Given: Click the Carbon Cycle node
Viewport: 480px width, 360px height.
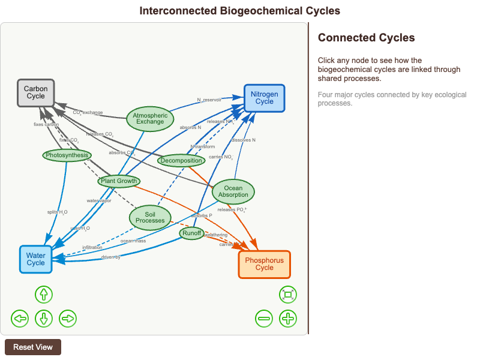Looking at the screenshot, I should click(x=35, y=93).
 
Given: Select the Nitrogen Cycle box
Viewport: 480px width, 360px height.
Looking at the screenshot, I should click(x=264, y=98).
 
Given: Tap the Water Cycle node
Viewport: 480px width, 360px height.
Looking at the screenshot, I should click(x=35, y=259).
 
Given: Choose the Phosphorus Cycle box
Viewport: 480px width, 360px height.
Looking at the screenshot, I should click(x=264, y=264).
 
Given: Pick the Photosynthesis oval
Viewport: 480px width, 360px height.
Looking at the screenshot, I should click(x=67, y=155).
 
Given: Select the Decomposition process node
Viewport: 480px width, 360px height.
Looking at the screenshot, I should click(x=181, y=160).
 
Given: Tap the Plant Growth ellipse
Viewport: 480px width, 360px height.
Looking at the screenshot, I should click(x=119, y=181).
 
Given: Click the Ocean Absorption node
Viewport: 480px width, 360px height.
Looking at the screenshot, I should click(x=233, y=191).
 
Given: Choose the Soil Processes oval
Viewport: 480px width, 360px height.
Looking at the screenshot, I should click(x=150, y=217).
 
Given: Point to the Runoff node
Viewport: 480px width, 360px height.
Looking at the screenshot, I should click(x=192, y=233).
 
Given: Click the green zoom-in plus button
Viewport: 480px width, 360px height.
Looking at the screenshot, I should click(x=288, y=318).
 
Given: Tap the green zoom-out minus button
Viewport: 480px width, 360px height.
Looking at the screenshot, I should click(x=264, y=318).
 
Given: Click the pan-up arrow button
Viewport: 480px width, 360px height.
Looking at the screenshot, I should click(x=44, y=295).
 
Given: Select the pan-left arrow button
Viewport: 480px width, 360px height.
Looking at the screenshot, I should click(x=20, y=318).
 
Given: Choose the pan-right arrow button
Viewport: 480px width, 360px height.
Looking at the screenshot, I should click(x=68, y=318).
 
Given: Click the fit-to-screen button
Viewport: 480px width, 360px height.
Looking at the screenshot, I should click(x=288, y=295).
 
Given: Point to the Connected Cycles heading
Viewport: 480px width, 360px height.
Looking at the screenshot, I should click(x=366, y=38).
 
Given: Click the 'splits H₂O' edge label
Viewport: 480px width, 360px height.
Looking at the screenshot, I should click(x=58, y=212).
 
